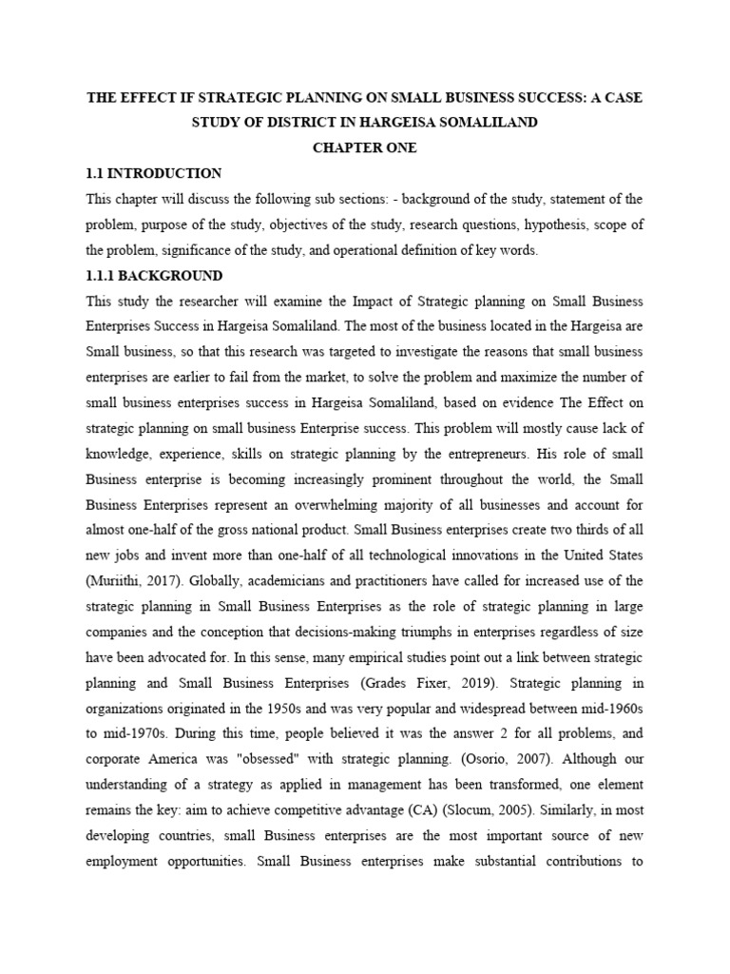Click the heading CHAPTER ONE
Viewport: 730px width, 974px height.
coord(364,147)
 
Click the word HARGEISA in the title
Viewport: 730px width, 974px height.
coord(397,122)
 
